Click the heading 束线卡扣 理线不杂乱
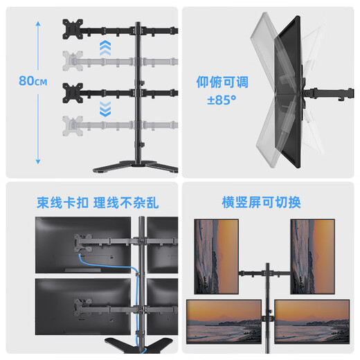pyautogui.click(x=90, y=203)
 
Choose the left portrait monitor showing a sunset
pyautogui.click(x=215, y=256)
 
